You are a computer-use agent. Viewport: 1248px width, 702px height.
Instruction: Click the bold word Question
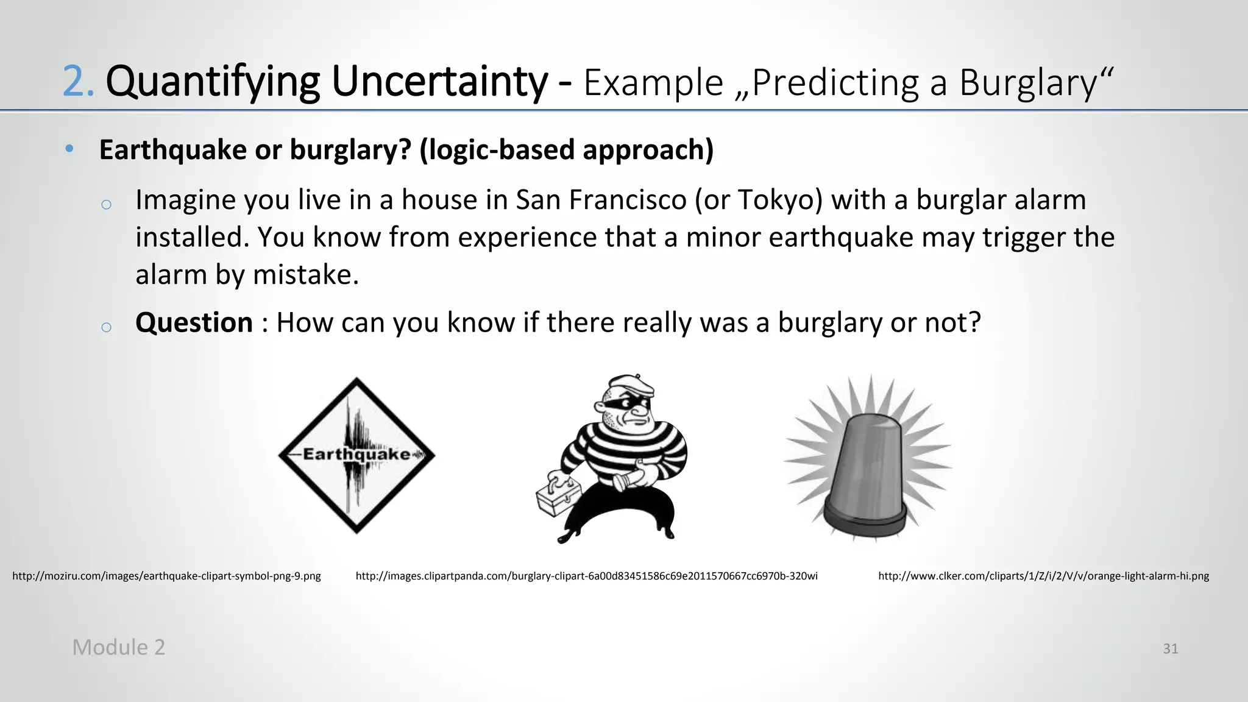coord(194,322)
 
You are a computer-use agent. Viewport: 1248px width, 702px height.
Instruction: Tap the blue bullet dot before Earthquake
coord(69,149)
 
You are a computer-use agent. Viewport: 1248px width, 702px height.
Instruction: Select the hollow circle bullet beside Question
coord(106,327)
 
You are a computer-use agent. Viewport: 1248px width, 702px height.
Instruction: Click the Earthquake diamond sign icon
coord(356,455)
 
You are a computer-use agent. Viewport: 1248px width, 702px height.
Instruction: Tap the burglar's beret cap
coord(631,385)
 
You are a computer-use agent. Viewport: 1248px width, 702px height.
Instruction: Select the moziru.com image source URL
coord(166,576)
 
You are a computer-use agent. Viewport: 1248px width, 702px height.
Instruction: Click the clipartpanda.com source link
coord(586,576)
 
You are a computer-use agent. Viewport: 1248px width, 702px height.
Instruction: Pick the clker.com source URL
coord(1043,576)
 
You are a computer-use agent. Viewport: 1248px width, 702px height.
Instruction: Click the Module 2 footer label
coord(119,647)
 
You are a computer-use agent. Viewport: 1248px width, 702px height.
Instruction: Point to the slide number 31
coord(1170,649)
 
